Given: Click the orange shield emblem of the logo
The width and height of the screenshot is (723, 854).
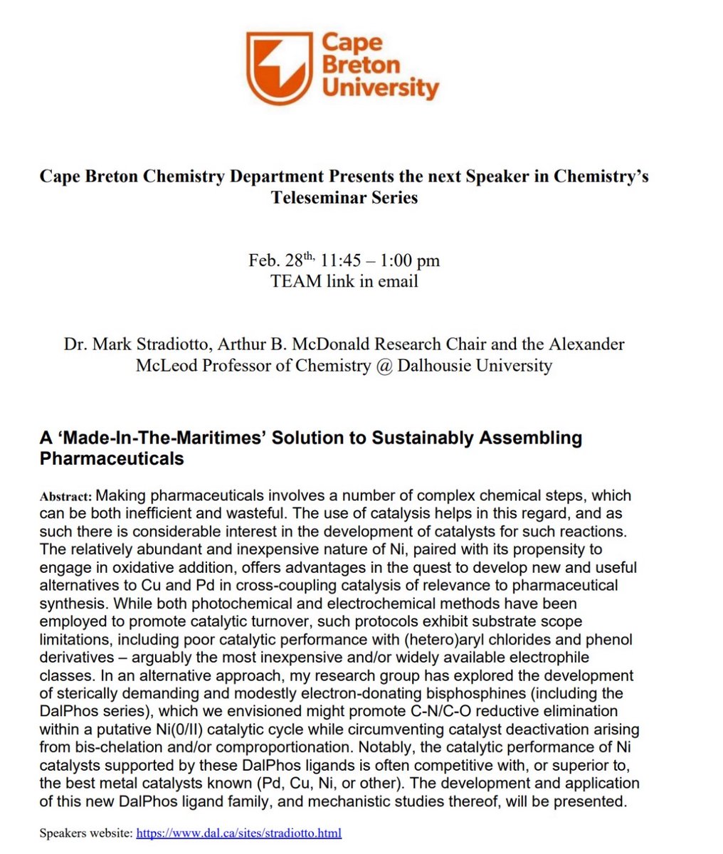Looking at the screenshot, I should pyautogui.click(x=278, y=68).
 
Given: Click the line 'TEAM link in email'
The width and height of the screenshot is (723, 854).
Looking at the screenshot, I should pyautogui.click(x=344, y=281).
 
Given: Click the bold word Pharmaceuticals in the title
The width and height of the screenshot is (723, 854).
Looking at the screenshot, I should pyautogui.click(x=112, y=458).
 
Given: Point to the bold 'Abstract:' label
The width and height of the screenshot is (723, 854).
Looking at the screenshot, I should pyautogui.click(x=66, y=496).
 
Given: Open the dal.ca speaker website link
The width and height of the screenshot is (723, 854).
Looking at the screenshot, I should pyautogui.click(x=239, y=833).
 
